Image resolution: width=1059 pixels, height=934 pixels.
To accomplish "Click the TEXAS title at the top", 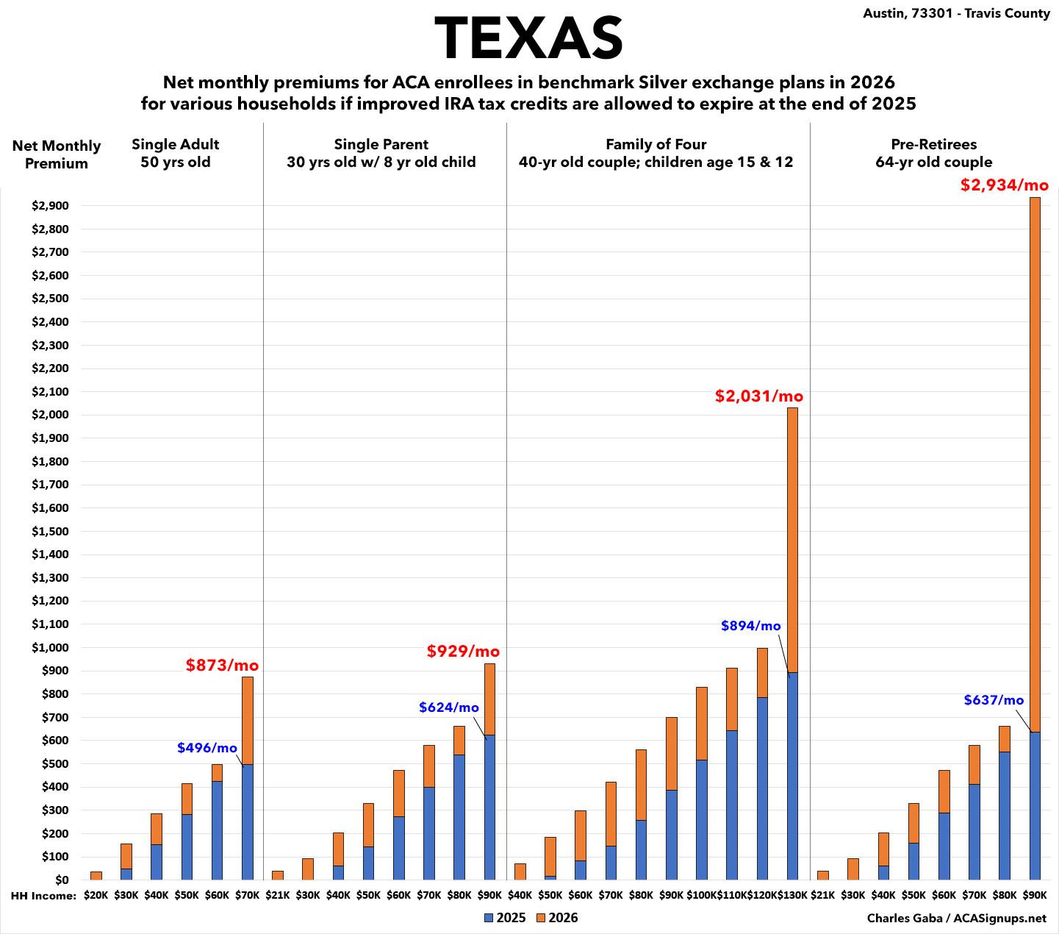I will tap(528, 38).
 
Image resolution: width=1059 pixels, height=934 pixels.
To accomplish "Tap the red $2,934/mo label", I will tap(1004, 185).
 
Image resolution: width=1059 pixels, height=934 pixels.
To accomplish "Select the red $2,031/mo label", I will tap(759, 396).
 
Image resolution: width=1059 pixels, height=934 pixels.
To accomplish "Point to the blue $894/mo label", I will tap(750, 626).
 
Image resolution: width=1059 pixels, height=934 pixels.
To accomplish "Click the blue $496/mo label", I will tap(207, 748).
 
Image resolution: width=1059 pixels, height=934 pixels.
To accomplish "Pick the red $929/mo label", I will tap(463, 651).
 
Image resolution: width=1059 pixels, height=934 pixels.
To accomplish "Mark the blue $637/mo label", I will tap(994, 700).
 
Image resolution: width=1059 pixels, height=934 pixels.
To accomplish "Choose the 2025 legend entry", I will tap(505, 918).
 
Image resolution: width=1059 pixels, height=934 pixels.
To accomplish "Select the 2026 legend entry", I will tap(557, 918).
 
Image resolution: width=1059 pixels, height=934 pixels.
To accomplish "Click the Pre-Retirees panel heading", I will tap(933, 153).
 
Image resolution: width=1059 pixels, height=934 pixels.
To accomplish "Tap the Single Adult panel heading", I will tap(175, 153).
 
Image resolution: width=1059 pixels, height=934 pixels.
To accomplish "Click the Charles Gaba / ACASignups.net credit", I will tap(956, 918).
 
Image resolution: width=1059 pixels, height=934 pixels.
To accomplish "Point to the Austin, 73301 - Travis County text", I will tap(957, 13).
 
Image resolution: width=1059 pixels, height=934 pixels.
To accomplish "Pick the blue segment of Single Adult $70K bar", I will tap(248, 821).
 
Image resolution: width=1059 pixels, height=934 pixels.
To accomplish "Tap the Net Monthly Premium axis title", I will tap(57, 154).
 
